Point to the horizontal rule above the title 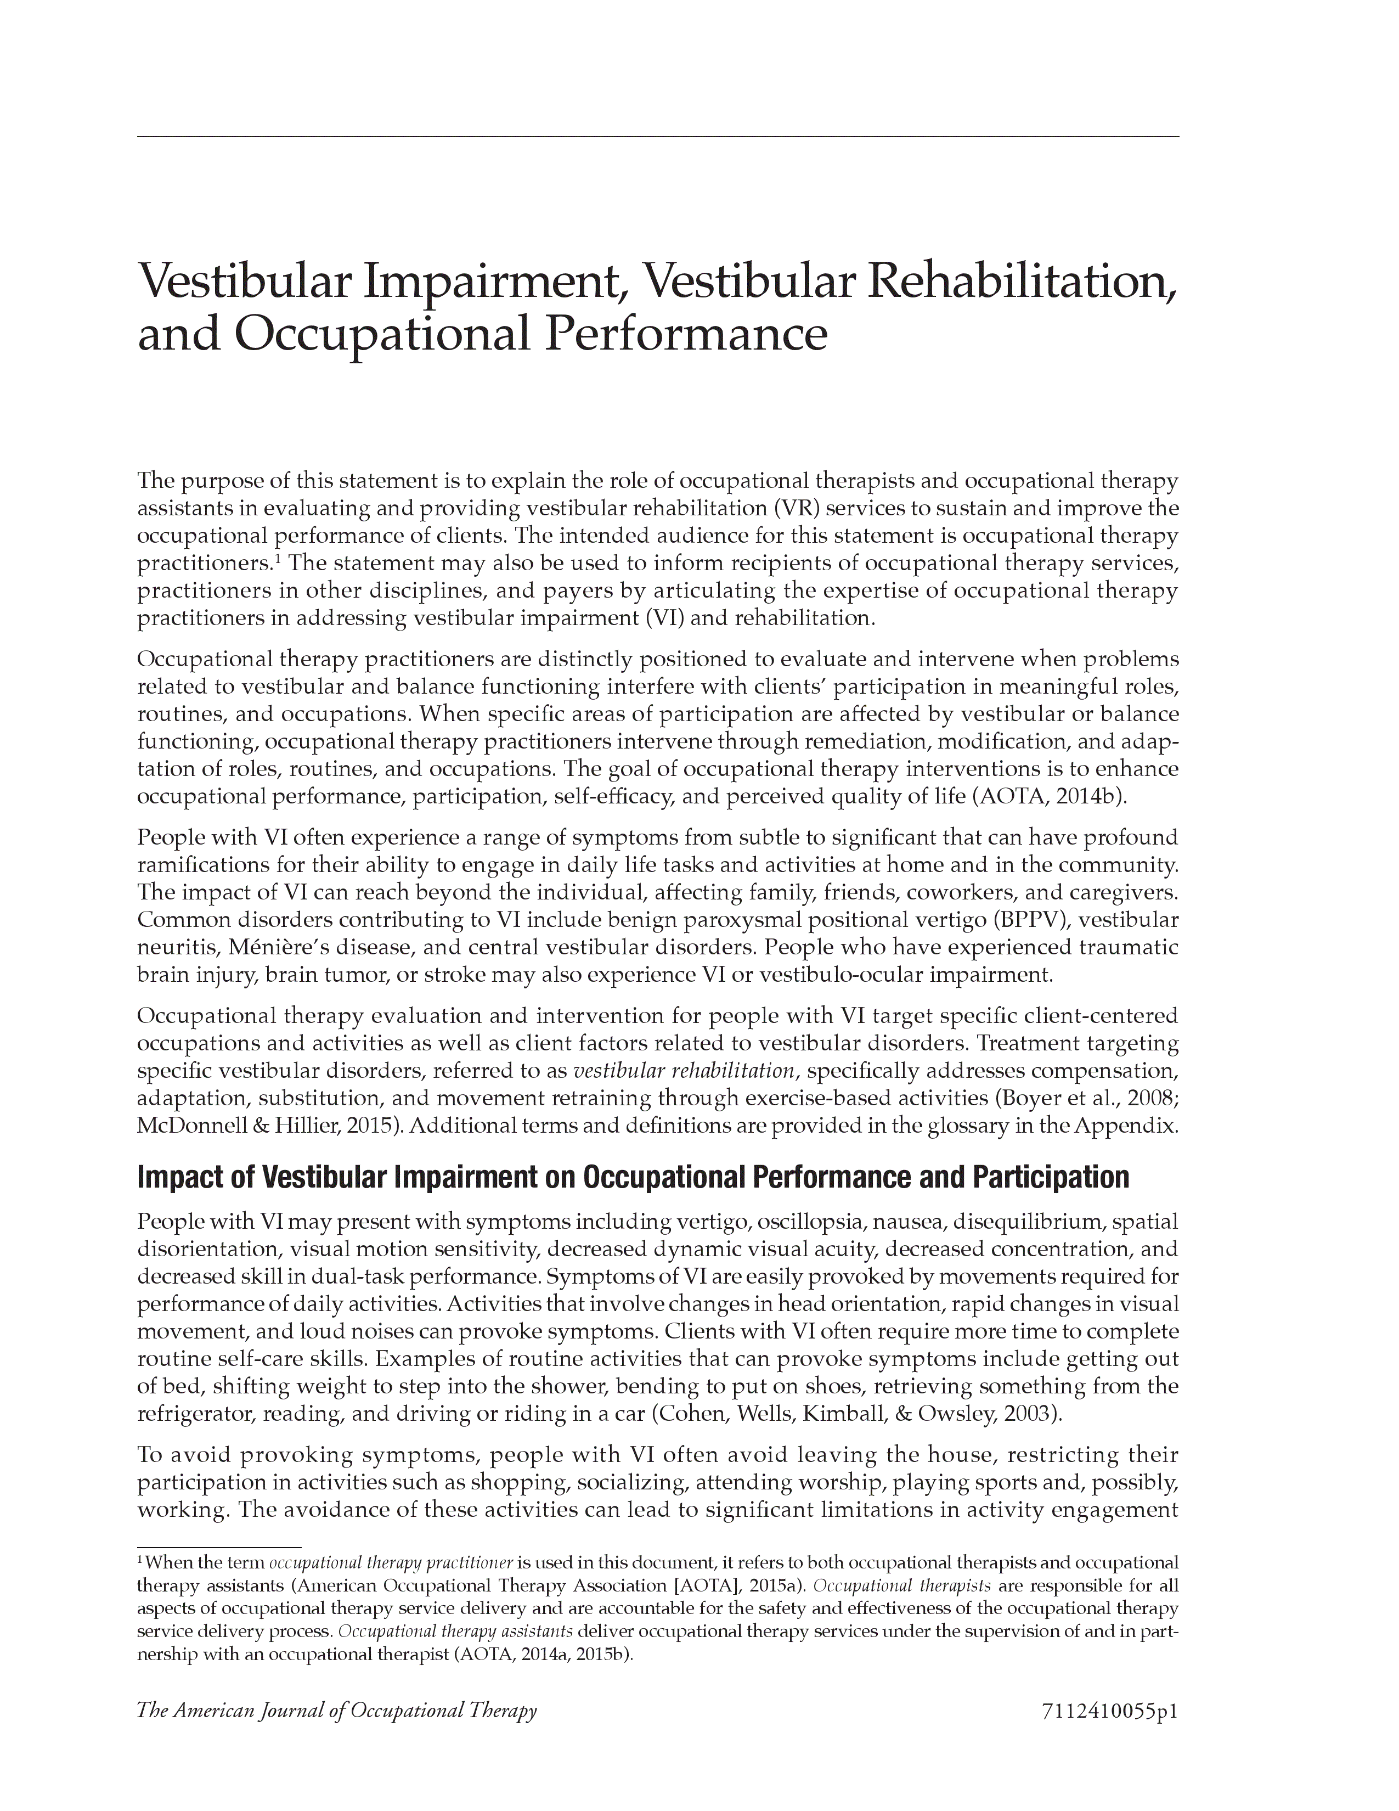tap(657, 137)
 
